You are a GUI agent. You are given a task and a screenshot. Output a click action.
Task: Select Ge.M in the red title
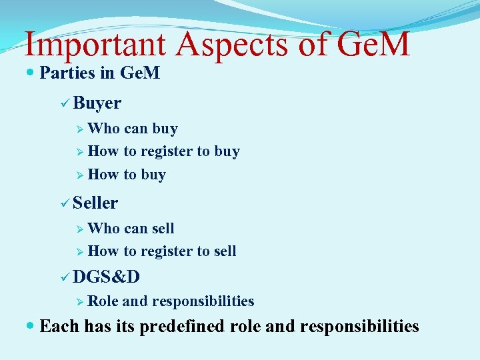coord(373,45)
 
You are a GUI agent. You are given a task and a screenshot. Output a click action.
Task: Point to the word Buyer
coord(97,103)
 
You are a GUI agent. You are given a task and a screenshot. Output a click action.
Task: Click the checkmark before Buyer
coord(64,103)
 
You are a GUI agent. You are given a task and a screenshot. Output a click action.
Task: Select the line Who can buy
coord(132,128)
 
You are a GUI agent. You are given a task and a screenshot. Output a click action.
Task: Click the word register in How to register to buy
coord(167,151)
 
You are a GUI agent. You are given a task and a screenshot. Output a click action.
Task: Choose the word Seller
coord(96,203)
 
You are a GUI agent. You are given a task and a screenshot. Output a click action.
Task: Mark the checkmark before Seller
coord(64,203)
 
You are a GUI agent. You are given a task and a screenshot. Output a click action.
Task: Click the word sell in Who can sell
coord(163,228)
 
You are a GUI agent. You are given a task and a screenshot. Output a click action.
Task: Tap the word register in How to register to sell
coord(167,251)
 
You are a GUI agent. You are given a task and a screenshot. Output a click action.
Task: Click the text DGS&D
coord(107,276)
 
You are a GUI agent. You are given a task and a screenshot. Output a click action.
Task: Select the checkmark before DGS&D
coord(64,276)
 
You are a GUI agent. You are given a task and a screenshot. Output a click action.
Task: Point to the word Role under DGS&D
coord(103,301)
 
